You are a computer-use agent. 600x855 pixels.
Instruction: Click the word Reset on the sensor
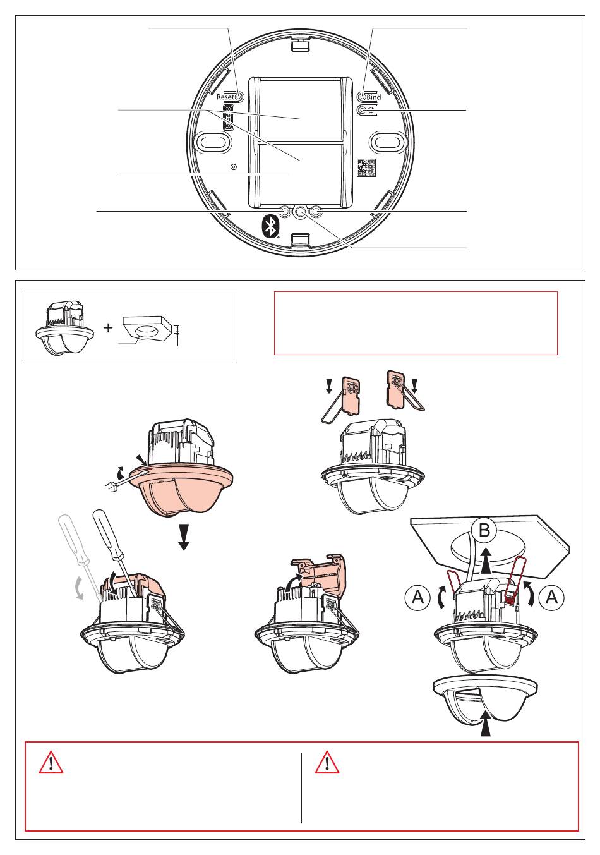click(225, 97)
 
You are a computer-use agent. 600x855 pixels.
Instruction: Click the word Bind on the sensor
click(373, 97)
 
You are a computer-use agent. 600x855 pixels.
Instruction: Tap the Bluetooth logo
click(271, 227)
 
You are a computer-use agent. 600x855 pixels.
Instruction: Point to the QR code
click(366, 167)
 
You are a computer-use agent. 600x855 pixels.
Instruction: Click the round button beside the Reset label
click(239, 97)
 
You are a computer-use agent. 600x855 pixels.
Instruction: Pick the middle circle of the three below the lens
click(300, 212)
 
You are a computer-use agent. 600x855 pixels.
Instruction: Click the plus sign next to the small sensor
click(109, 327)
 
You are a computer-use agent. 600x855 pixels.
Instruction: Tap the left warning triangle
click(51, 763)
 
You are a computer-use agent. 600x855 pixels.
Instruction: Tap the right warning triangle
click(327, 763)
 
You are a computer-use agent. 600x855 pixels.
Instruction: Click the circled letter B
click(484, 530)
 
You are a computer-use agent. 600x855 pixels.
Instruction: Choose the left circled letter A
click(417, 597)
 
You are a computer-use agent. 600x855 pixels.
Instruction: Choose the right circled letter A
click(551, 597)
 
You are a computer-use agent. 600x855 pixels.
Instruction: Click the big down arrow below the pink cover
click(184, 537)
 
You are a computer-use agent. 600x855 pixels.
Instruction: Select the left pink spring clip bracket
click(351, 395)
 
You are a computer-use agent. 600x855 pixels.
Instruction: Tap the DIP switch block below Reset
click(228, 117)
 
